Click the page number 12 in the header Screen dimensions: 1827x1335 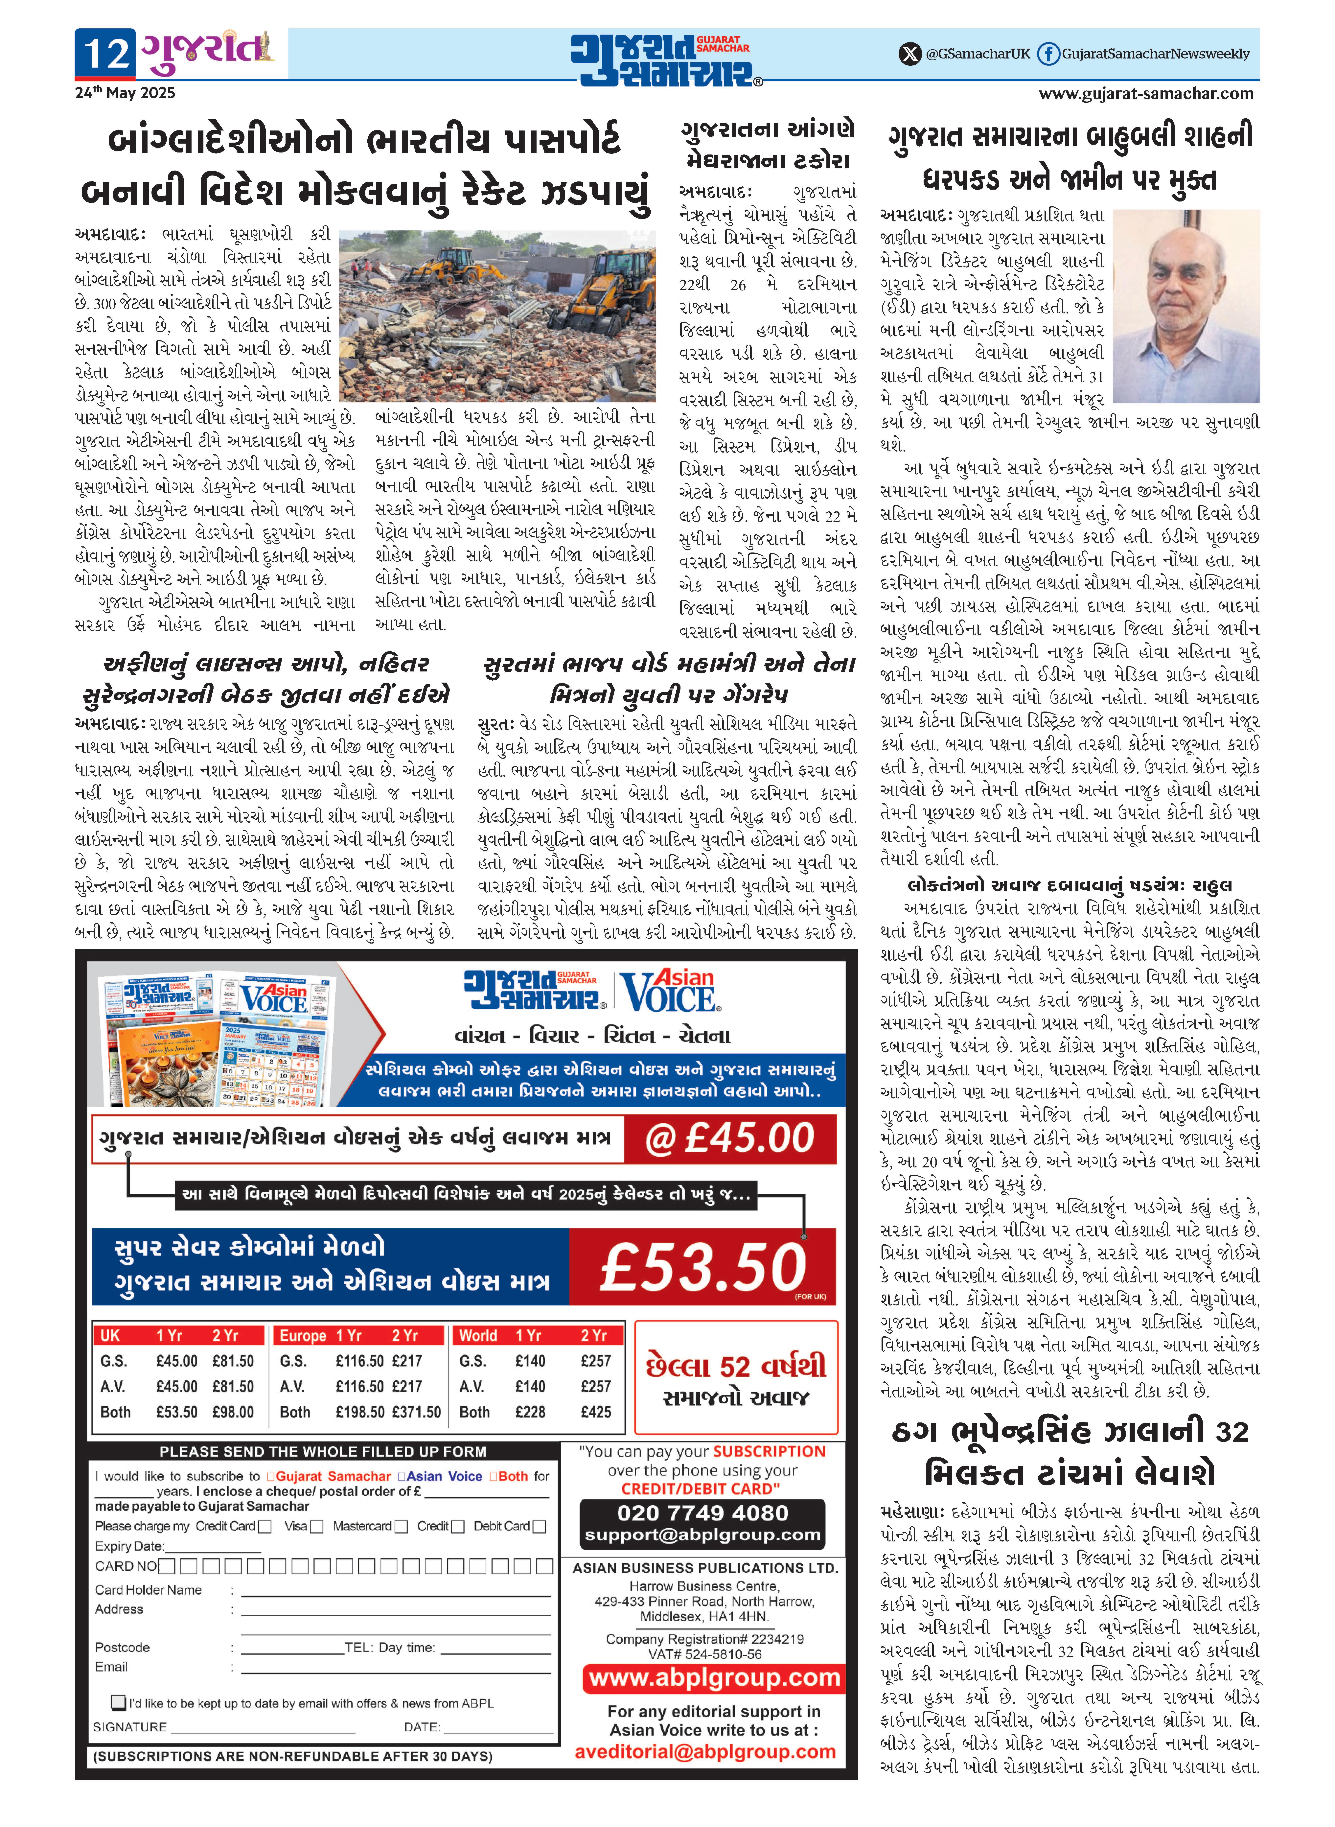107,53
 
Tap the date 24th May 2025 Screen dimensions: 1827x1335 125,93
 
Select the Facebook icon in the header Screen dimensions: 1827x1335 1048,54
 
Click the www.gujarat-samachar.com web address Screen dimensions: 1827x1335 1146,94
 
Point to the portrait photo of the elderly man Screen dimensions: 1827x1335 1185,305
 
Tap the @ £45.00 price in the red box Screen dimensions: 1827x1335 730,1138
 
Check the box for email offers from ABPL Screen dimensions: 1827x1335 119,1702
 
